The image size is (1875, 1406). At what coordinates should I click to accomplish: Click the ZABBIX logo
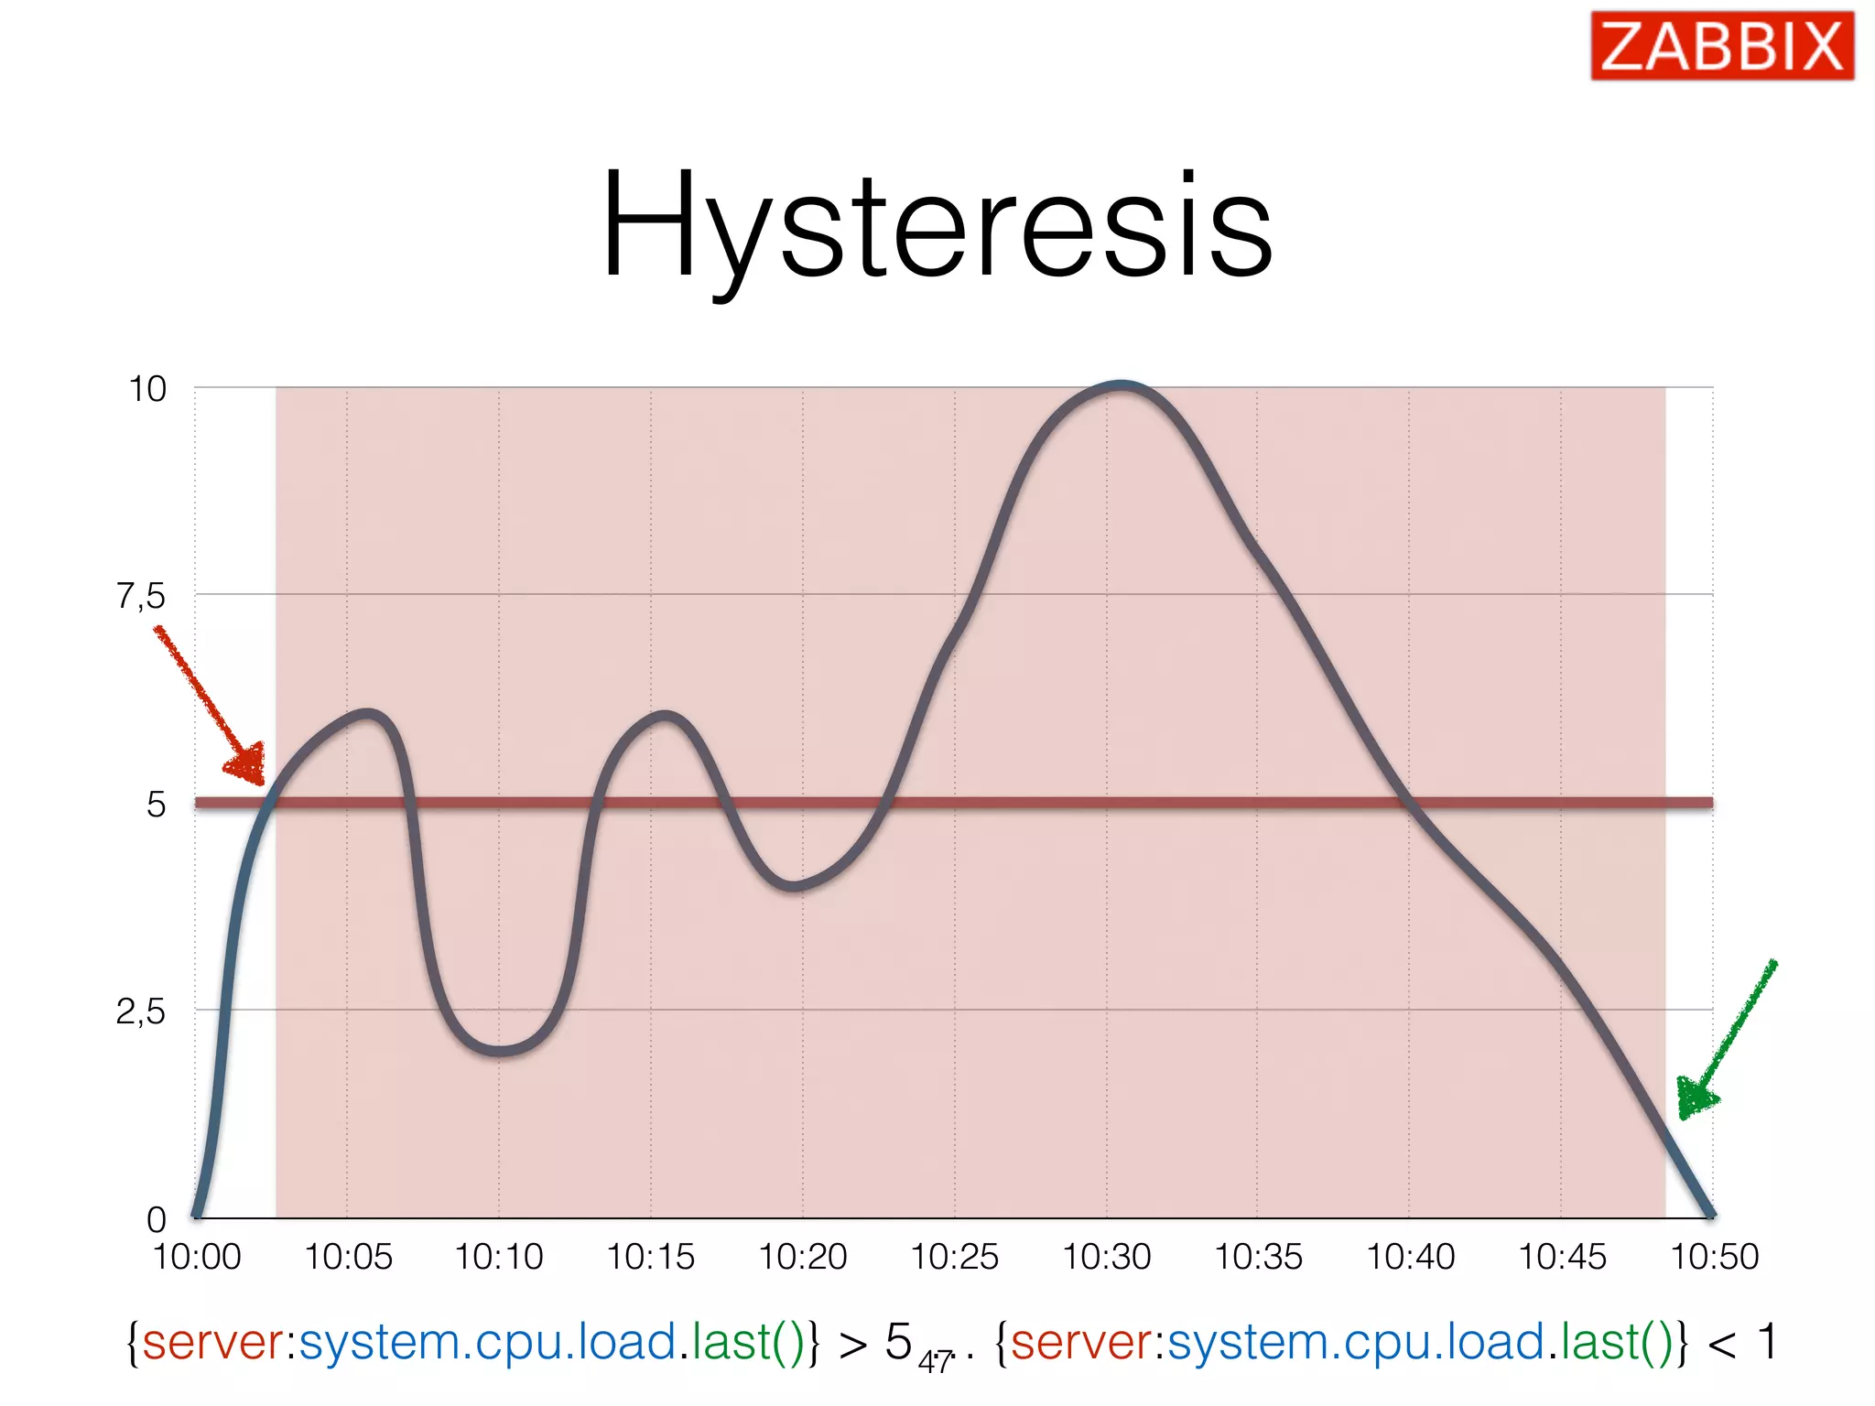[x=1721, y=46]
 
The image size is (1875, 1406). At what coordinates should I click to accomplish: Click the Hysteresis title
[x=937, y=227]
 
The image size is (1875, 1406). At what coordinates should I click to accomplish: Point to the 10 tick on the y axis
[x=147, y=389]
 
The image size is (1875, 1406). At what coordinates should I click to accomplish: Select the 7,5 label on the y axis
[x=141, y=597]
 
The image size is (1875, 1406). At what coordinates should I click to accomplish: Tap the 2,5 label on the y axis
[x=141, y=1012]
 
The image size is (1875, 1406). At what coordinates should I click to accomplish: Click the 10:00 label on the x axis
[x=197, y=1257]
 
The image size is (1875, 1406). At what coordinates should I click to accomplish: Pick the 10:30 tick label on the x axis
[x=1106, y=1257]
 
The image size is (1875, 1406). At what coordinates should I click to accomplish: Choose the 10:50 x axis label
[x=1714, y=1257]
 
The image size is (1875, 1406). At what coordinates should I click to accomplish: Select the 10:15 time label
[x=651, y=1257]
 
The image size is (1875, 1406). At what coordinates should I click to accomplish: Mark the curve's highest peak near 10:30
[x=1122, y=385]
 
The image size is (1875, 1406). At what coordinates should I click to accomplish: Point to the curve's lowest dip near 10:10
[x=499, y=1051]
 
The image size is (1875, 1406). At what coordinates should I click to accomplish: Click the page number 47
[x=936, y=1362]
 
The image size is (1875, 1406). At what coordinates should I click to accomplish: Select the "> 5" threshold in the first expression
[x=875, y=1343]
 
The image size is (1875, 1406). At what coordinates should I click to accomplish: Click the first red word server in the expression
[x=212, y=1343]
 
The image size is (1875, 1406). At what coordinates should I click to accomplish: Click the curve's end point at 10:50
[x=1710, y=1214]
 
